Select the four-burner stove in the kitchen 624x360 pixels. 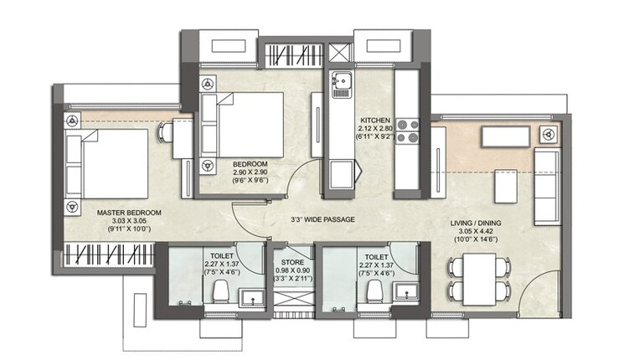click(x=408, y=131)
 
